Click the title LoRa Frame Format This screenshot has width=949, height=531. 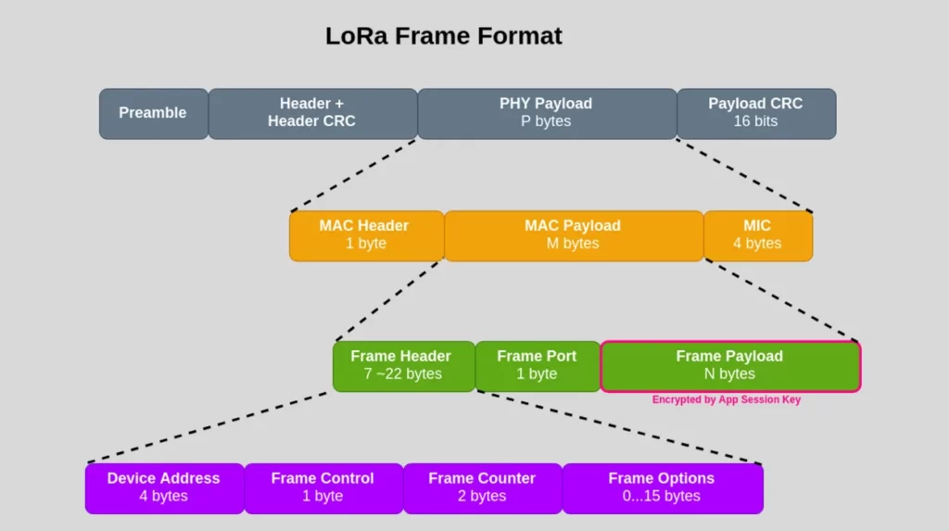[443, 36]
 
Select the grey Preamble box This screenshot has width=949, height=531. [153, 113]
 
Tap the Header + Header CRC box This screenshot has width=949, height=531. [312, 113]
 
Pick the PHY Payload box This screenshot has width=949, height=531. [547, 113]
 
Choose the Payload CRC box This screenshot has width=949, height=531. [756, 113]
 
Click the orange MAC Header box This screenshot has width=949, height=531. [365, 234]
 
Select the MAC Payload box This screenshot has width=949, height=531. [573, 234]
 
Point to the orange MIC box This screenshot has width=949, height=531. [757, 234]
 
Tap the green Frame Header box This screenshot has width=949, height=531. [402, 365]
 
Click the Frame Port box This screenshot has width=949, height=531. [537, 365]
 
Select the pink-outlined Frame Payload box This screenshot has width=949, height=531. [729, 365]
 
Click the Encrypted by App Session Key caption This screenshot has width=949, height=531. [726, 399]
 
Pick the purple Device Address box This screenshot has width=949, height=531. [164, 487]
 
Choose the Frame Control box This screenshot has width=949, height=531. [323, 487]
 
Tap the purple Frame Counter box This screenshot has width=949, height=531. [482, 487]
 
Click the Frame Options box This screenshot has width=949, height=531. [662, 487]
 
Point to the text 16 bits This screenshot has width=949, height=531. [755, 121]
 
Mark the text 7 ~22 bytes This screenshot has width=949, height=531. [402, 374]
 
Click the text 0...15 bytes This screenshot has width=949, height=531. [662, 497]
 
